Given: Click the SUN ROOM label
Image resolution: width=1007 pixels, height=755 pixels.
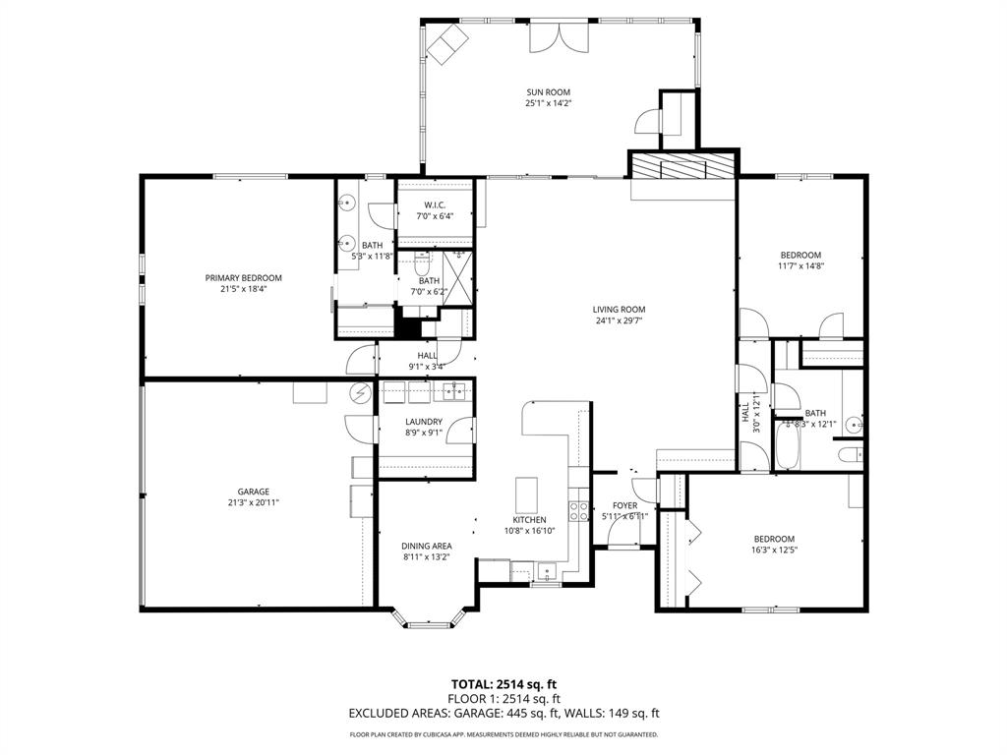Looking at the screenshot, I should pos(548,92).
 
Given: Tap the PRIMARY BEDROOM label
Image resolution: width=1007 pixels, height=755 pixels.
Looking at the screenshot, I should pos(243,278).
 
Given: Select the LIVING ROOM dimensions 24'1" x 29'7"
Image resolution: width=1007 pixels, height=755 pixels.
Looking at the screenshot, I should pos(620,320).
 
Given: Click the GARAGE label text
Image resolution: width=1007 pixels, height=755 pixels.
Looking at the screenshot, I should pos(253,492).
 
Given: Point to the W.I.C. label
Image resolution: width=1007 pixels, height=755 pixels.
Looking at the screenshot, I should pos(436,204).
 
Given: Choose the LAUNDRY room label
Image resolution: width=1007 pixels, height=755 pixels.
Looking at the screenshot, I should pos(424,422).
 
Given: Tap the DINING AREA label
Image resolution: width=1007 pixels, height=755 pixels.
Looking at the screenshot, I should pos(426,546).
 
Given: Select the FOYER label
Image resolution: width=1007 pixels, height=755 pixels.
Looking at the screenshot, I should pos(624,505).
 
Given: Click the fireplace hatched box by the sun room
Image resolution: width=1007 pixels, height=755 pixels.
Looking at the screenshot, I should pos(682,166).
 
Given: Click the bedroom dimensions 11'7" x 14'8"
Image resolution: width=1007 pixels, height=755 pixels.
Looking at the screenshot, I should pos(800,265).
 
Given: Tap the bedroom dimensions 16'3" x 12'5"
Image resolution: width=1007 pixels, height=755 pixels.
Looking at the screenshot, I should pos(774,550).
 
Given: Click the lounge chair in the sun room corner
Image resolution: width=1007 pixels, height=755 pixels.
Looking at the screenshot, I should pos(447,42).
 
